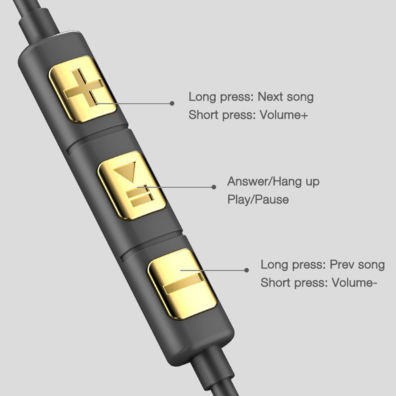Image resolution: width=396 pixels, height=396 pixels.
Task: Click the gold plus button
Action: click(x=83, y=89)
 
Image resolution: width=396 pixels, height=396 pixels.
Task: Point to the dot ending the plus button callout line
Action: click(x=172, y=103)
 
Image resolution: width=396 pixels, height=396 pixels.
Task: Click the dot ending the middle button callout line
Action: click(x=214, y=187)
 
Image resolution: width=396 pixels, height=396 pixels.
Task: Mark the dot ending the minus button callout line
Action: click(x=246, y=270)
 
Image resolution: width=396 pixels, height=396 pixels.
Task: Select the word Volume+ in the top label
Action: click(x=284, y=115)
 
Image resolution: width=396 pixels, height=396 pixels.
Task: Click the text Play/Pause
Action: click(x=258, y=200)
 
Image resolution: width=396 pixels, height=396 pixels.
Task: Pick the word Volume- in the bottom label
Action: click(x=354, y=283)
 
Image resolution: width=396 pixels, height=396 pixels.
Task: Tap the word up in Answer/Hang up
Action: click(x=313, y=182)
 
